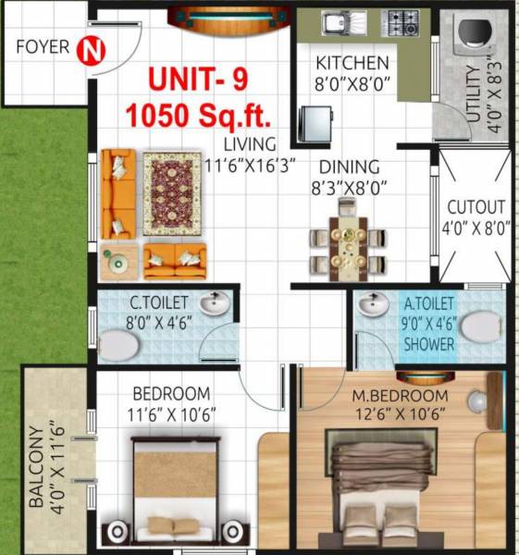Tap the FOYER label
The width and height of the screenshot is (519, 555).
click(x=42, y=47)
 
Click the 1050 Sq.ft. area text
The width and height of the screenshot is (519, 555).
click(x=198, y=117)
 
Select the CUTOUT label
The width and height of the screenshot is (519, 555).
click(x=476, y=208)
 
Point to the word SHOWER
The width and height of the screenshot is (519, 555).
click(x=428, y=344)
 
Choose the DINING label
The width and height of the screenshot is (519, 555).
click(x=350, y=167)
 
